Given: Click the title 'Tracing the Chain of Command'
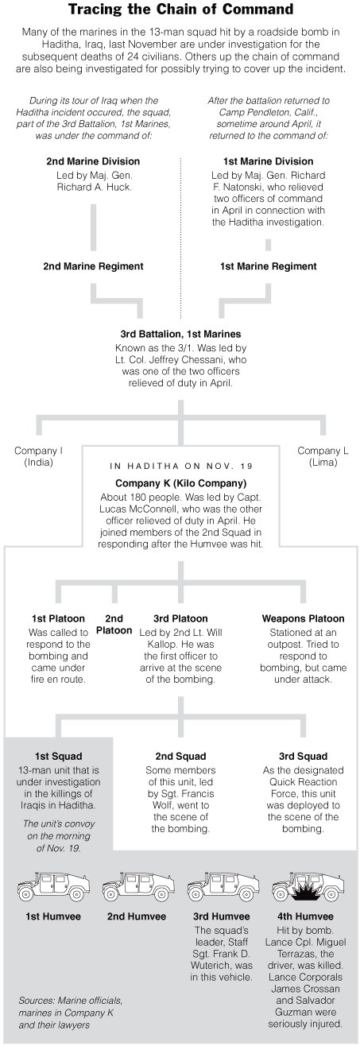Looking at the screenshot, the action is click(180, 10).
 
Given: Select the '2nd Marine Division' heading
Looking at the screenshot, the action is click(93, 161).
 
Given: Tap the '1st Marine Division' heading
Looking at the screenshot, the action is click(268, 161).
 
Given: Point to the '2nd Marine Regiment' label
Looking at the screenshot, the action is click(93, 266).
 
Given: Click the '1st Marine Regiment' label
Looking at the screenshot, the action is click(268, 266).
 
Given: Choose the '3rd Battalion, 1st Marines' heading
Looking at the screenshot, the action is click(180, 335).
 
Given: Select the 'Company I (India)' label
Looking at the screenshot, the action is click(38, 457).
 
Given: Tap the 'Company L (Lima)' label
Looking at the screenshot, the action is click(323, 457).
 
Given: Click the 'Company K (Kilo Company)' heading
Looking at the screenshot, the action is click(180, 483).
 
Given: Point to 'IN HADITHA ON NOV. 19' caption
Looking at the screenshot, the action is click(181, 466).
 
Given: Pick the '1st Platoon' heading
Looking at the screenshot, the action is click(58, 618).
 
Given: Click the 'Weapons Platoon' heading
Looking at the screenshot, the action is click(303, 618).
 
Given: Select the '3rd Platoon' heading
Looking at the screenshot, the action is click(180, 618).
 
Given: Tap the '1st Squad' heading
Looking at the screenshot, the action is click(58, 757).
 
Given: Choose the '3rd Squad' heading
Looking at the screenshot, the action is click(303, 757).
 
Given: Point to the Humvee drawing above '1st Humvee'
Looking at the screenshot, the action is click(54, 885).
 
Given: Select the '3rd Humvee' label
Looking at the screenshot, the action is click(221, 916).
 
